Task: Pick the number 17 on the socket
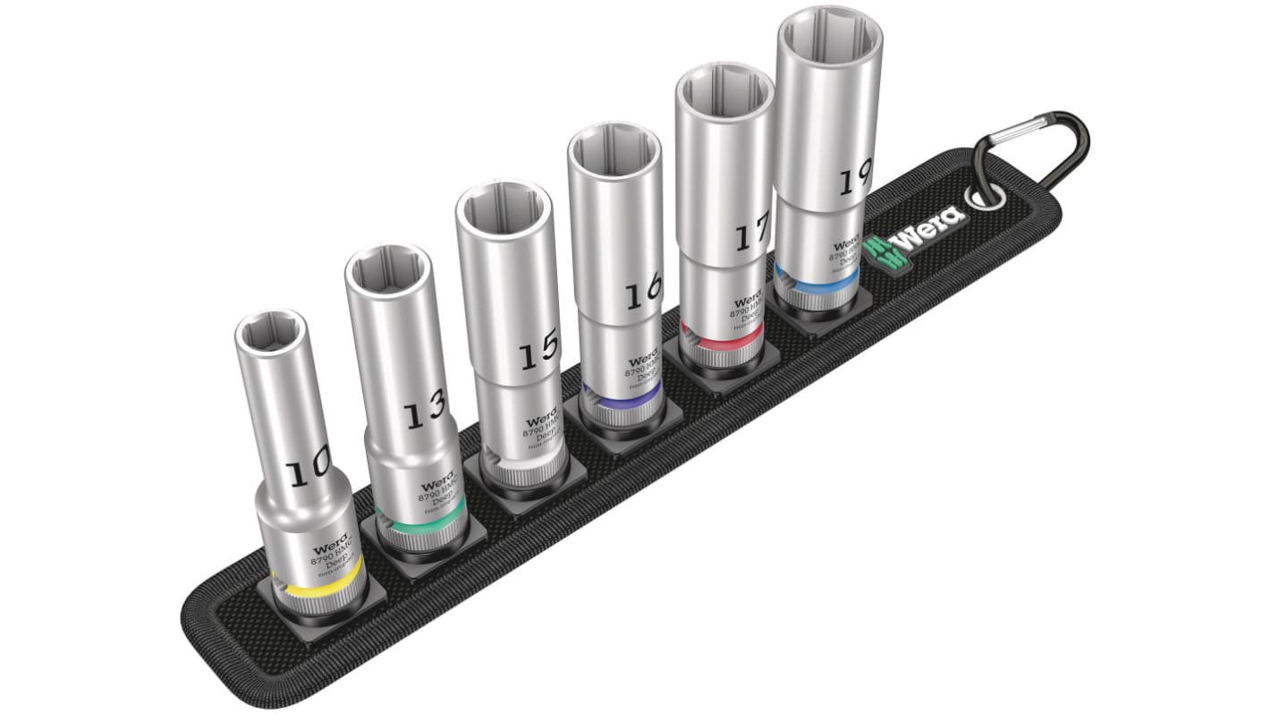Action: coord(752,236)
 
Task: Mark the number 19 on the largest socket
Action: coord(855,182)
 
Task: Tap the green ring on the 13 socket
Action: coord(420,523)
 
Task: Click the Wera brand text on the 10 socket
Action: coord(327,548)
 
